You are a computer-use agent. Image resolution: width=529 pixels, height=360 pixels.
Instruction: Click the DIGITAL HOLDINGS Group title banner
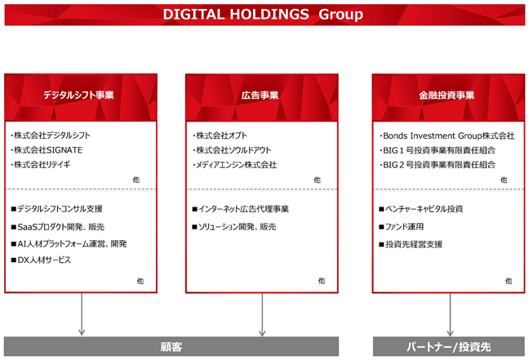tap(264, 15)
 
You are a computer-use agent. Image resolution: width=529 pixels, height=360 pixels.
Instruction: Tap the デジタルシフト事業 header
tap(81, 97)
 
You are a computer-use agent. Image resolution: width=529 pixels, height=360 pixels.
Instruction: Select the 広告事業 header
tap(262, 97)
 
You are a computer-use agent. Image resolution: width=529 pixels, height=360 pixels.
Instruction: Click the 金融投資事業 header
tap(448, 97)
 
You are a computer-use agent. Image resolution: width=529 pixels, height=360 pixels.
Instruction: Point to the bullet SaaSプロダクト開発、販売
tap(58, 227)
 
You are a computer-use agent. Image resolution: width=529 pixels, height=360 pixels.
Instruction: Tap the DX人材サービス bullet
tap(41, 260)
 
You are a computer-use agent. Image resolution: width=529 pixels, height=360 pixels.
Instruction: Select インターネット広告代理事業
tap(241, 209)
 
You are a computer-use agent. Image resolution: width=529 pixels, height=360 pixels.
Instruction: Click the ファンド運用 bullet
tap(401, 227)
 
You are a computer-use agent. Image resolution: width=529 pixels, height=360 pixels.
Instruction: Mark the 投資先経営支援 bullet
tap(411, 244)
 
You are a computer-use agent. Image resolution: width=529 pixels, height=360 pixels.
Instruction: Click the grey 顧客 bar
tap(171, 346)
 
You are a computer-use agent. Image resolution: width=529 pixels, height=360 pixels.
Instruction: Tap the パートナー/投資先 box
tap(449, 346)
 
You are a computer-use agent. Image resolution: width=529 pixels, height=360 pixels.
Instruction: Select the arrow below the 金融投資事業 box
tap(450, 315)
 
